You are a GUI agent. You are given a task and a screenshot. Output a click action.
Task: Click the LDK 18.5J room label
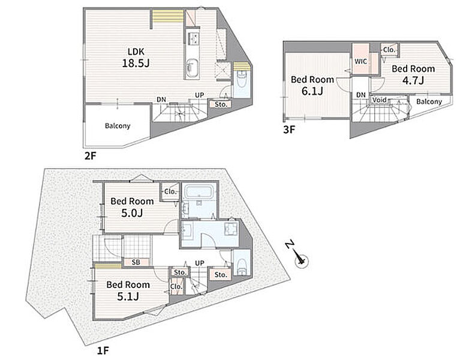coord(136,58)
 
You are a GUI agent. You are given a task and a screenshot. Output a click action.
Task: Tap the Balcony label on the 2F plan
coord(118,126)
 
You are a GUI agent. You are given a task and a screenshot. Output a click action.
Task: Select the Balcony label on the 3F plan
coord(429,102)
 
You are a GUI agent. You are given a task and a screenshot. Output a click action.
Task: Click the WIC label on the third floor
coord(360,62)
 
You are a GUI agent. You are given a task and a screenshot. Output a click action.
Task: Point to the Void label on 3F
coord(379,100)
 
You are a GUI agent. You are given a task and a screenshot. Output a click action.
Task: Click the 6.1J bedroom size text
coord(312,91)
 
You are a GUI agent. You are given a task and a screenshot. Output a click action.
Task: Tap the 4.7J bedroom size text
coord(413,80)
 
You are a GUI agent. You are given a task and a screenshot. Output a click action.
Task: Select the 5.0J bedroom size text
coord(132,213)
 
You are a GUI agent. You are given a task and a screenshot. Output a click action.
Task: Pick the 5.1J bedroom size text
coord(128,296)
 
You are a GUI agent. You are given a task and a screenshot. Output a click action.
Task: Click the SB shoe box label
coord(136,262)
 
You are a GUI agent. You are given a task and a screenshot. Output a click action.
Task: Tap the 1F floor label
coord(103,350)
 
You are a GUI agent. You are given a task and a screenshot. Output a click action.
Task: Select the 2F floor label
coord(90,156)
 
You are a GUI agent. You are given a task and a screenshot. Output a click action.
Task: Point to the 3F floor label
coord(289,130)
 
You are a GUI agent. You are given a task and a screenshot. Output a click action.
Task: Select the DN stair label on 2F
coord(161,100)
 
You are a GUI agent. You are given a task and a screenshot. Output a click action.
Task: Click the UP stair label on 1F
coord(200,263)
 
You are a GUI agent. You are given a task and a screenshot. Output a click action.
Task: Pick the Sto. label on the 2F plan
coord(221,104)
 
